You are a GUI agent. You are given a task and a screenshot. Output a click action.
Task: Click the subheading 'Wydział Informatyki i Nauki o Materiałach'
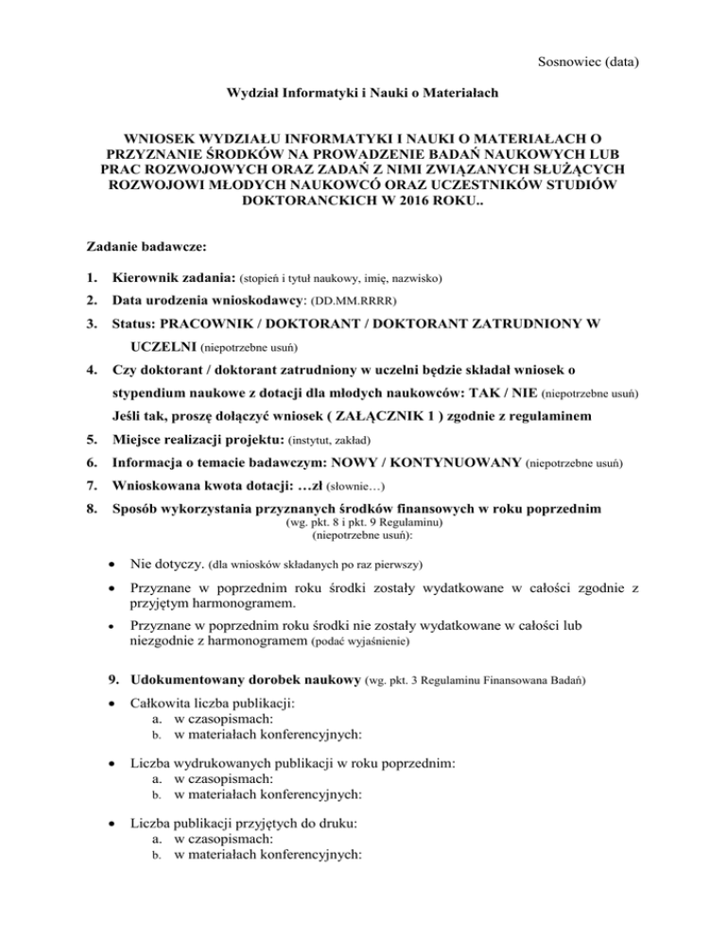(x=362, y=95)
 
